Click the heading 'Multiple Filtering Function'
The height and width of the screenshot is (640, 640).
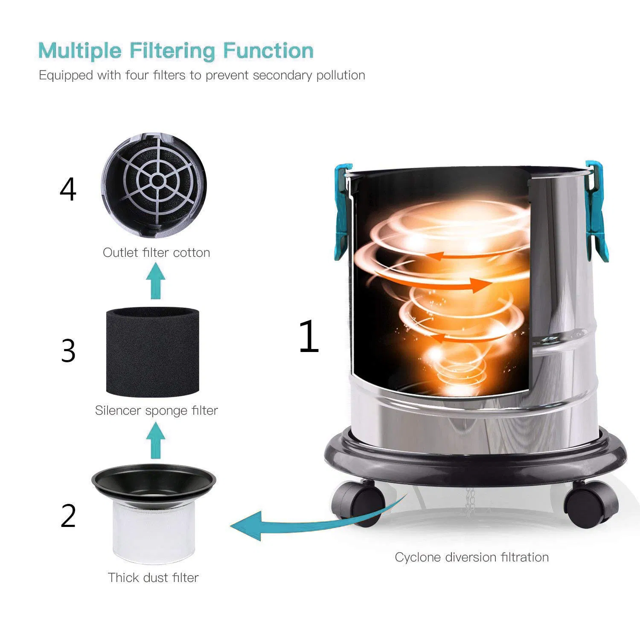176,51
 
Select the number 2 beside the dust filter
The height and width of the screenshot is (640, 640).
68,516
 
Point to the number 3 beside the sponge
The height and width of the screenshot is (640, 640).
68,351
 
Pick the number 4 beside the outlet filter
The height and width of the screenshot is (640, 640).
68,190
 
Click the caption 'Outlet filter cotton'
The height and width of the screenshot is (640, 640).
156,253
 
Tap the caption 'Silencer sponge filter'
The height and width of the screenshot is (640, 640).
156,410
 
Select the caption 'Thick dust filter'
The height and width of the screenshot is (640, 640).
153,578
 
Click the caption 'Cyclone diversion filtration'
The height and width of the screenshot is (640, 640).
471,557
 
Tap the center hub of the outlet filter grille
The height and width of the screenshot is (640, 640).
157,181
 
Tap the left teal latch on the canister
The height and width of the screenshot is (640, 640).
342,213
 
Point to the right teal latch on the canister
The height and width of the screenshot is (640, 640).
596,211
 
